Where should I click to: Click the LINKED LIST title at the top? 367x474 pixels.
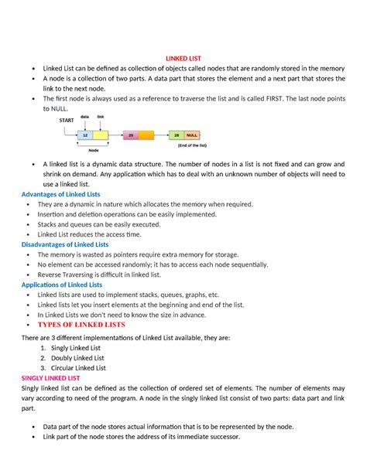(x=183, y=57)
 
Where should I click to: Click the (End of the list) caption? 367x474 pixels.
(x=190, y=145)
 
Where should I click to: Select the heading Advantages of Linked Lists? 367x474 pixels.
(x=60, y=193)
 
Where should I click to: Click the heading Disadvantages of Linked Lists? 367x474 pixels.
(x=65, y=244)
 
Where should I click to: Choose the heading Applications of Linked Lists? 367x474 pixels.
(x=61, y=285)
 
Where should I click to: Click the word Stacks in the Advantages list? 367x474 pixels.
(x=50, y=224)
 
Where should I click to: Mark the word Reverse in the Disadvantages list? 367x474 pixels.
(x=53, y=275)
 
